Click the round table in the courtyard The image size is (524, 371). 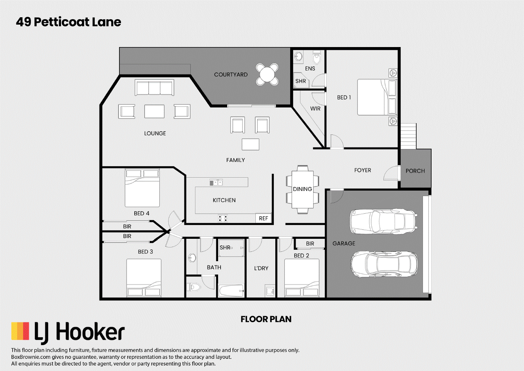coord(267,74)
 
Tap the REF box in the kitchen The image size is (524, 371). coord(264,218)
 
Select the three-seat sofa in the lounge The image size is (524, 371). coord(154,87)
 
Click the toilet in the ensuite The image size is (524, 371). coord(316,57)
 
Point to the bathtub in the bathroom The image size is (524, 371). coord(231,291)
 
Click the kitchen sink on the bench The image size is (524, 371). coord(216,182)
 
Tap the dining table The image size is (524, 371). coord(302,189)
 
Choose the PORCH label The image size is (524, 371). coord(415,171)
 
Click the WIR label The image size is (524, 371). coord(315,109)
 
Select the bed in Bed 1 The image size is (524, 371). coord(377,97)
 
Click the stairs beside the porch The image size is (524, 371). coord(408,136)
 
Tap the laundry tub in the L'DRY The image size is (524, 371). coord(270,291)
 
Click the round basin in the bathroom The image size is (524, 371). coord(192,258)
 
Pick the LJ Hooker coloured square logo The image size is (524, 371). coord(20,331)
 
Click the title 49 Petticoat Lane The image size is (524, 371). coord(69,22)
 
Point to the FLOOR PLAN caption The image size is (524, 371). coord(266,319)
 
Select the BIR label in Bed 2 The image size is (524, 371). coord(310,244)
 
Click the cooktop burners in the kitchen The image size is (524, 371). coord(223,218)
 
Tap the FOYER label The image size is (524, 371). coord(363,170)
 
